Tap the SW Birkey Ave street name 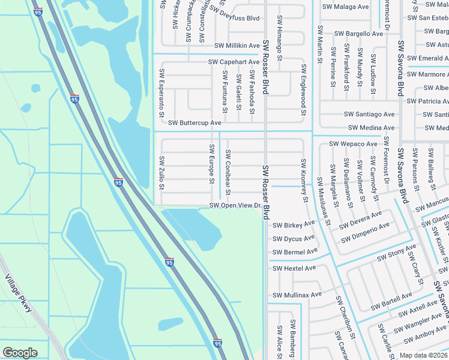pos(294,225)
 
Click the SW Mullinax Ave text pos(297,295)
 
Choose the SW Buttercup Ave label pos(194,122)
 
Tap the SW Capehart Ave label pos(234,62)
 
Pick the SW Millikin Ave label pos(237,46)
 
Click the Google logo pos(20,353)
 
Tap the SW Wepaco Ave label pos(354,144)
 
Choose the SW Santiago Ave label pos(369,114)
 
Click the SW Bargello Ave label pos(358,34)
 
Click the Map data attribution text pos(423,355)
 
